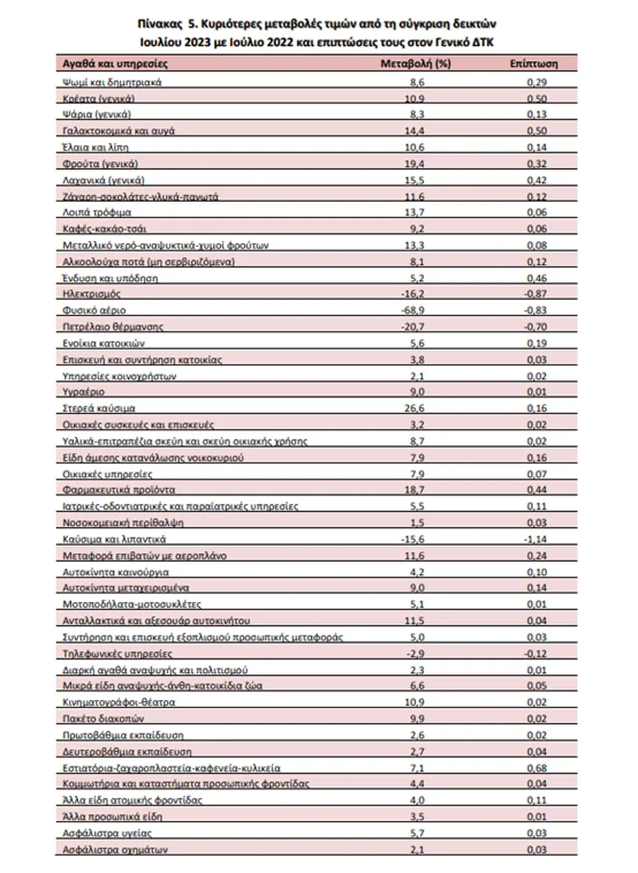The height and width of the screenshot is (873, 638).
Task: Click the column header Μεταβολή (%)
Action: click(415, 63)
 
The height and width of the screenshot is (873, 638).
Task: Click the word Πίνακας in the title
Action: click(160, 24)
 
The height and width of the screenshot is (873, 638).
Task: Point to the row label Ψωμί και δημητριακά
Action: click(112, 82)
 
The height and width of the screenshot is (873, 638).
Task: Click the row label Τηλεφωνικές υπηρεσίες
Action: click(108, 653)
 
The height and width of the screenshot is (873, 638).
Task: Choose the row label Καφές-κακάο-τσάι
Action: click(103, 229)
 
